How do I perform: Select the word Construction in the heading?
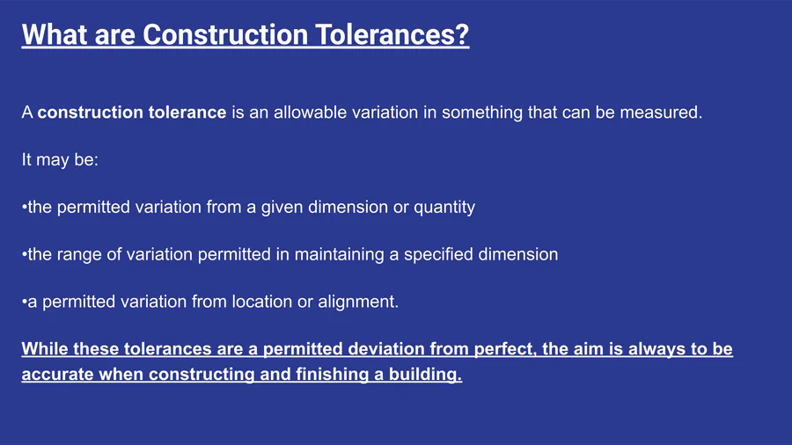coord(225,34)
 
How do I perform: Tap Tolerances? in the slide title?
coord(392,34)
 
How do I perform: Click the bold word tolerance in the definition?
coord(186,112)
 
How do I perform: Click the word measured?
coord(661,112)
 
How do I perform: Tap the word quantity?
coord(444,208)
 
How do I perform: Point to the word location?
coord(262,302)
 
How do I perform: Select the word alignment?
coord(358,303)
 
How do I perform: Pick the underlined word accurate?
coord(57,375)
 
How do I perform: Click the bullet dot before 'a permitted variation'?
coord(25,303)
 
